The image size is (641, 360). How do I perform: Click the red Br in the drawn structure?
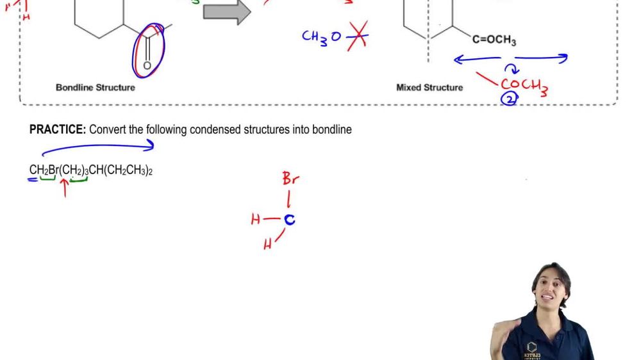(290, 179)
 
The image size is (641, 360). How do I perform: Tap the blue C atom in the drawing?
(290, 220)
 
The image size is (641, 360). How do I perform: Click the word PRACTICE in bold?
(58, 129)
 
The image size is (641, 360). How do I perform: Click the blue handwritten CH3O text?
(322, 37)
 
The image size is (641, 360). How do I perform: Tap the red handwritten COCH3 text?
(524, 85)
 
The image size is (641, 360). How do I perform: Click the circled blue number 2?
(509, 98)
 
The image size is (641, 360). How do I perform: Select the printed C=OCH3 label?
(494, 40)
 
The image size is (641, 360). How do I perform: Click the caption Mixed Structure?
(429, 87)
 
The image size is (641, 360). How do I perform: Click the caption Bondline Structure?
(96, 87)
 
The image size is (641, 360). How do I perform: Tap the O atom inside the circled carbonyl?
(147, 65)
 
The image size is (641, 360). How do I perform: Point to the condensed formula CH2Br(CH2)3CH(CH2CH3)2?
(90, 170)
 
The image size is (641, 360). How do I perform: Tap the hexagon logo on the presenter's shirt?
(531, 347)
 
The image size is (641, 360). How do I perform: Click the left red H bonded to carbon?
(256, 220)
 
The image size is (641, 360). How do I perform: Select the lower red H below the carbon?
(267, 244)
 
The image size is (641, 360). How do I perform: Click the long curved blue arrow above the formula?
(96, 147)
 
